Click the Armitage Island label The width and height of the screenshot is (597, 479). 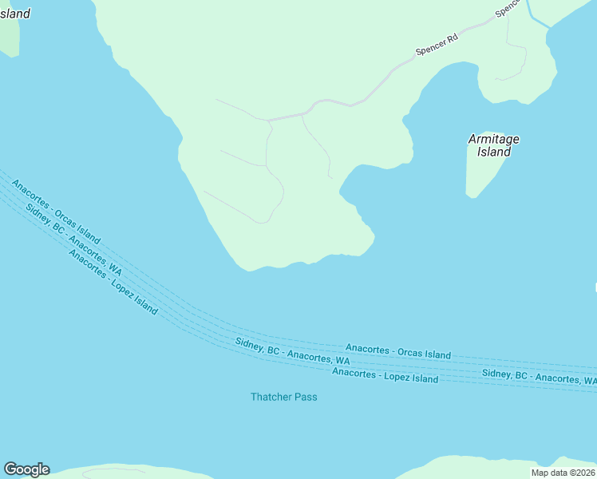pyautogui.click(x=493, y=144)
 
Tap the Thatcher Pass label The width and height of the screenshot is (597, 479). pyautogui.click(x=283, y=397)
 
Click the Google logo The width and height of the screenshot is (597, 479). pyautogui.click(x=26, y=469)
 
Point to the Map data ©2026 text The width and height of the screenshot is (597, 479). pyautogui.click(x=563, y=473)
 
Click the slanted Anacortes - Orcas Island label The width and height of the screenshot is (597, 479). pyautogui.click(x=56, y=212)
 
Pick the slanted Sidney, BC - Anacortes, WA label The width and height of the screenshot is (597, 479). pyautogui.click(x=73, y=239)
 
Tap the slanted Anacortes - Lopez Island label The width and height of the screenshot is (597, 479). pyautogui.click(x=113, y=282)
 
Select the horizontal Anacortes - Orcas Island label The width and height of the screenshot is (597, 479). pyautogui.click(x=397, y=351)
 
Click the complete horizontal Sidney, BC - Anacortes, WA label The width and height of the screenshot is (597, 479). pyautogui.click(x=292, y=351)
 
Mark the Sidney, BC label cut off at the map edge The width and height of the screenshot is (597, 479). pyautogui.click(x=539, y=377)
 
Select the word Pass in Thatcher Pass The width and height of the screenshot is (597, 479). pyautogui.click(x=304, y=397)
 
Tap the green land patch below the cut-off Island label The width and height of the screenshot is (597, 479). pyautogui.click(x=8, y=36)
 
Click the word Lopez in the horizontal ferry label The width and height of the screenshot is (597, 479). pyautogui.click(x=396, y=376)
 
